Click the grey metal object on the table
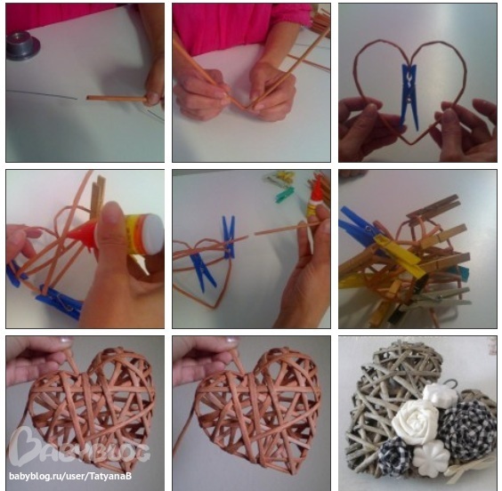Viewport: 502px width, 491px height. pyautogui.click(x=21, y=44)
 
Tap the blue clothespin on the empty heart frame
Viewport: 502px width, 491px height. pyautogui.click(x=409, y=96)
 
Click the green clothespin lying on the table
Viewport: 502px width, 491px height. pyautogui.click(x=285, y=195)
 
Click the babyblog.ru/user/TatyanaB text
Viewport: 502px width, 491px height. pyautogui.click(x=70, y=476)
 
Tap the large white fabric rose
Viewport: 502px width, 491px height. pyautogui.click(x=416, y=421)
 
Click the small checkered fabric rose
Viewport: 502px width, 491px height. pyautogui.click(x=395, y=454)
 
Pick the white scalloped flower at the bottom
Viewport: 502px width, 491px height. pyautogui.click(x=431, y=457)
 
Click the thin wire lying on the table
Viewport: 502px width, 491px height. pyautogui.click(x=42, y=94)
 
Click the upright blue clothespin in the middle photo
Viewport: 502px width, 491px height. pyautogui.click(x=229, y=237)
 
